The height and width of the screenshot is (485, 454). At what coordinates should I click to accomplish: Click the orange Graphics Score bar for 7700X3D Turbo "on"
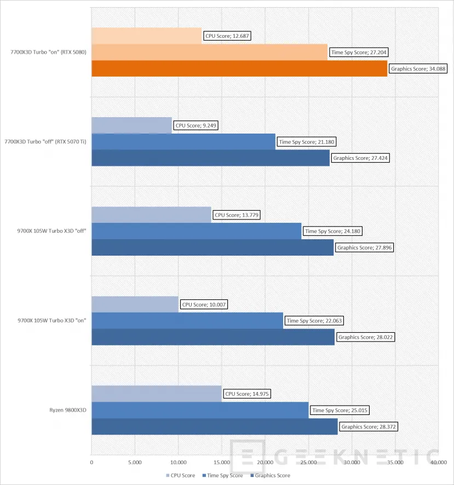pos(239,68)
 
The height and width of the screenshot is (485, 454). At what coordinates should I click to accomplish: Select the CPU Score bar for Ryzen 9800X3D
pos(157,394)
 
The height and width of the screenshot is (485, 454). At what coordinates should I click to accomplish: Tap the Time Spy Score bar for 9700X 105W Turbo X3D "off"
pos(197,231)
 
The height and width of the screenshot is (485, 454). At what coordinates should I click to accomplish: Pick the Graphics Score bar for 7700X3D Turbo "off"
pos(210,158)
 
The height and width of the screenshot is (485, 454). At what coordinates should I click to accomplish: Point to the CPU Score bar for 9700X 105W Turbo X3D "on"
pos(135,304)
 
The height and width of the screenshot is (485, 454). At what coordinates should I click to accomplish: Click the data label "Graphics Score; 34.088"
pos(418,68)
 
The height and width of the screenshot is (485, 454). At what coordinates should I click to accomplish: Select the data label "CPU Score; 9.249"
pos(196,125)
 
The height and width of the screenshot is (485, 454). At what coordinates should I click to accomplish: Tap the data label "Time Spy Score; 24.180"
pos(332,231)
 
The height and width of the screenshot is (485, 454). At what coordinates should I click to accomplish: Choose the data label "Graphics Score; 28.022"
pos(365,337)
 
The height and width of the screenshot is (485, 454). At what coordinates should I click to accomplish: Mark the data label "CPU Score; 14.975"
pos(247,394)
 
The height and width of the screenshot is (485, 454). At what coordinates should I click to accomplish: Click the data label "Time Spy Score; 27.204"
pos(359,52)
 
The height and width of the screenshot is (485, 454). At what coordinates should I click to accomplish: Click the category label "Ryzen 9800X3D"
pos(68,410)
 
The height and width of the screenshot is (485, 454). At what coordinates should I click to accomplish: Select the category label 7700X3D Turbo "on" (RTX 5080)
pos(48,52)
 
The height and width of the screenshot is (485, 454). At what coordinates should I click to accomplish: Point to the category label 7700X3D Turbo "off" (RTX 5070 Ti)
pos(45,142)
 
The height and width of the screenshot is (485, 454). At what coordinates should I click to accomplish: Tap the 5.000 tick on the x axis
pos(135,463)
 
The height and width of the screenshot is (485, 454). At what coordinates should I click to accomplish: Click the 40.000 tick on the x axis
pos(439,463)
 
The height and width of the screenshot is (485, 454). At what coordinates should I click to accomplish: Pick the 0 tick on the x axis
pos(91,463)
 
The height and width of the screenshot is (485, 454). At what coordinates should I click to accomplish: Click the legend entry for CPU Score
pos(180,475)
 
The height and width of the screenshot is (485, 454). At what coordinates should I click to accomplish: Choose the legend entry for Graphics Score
pos(270,475)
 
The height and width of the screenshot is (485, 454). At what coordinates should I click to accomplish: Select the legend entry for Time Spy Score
pos(222,475)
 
